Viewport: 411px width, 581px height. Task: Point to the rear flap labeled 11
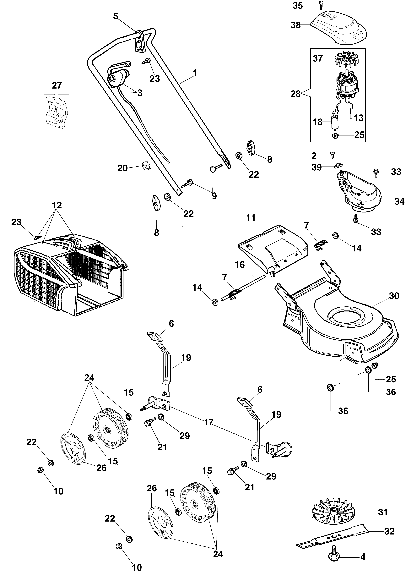(x=273, y=247)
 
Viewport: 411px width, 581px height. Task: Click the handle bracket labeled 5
(x=139, y=42)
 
